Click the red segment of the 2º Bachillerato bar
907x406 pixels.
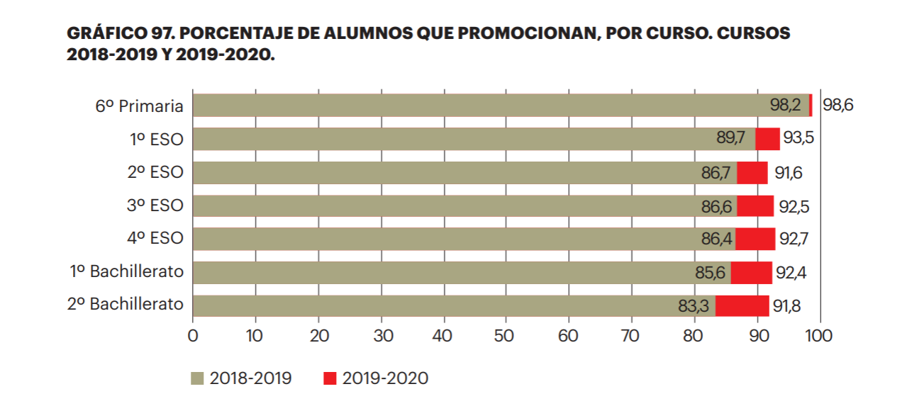click(x=742, y=306)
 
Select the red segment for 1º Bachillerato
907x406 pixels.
click(x=751, y=273)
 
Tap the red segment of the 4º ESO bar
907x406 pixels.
click(x=755, y=239)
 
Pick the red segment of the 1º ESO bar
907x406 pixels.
click(x=767, y=139)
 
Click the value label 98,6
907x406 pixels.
click(x=838, y=106)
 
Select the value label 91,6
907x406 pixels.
click(x=787, y=173)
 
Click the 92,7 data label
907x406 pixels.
click(x=794, y=239)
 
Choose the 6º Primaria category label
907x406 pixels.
click(x=140, y=106)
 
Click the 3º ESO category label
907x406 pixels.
click(x=155, y=206)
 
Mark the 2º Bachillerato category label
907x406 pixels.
click(x=126, y=305)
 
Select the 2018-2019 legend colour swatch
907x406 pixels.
click(x=198, y=379)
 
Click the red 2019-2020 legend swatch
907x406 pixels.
click(x=329, y=379)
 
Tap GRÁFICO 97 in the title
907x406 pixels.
click(x=123, y=34)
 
